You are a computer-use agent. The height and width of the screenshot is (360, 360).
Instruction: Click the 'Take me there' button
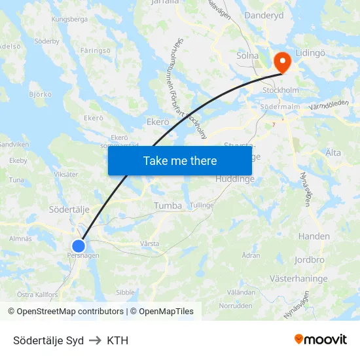pyautogui.click(x=180, y=160)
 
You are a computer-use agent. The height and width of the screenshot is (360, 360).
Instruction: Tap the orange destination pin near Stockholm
pyautogui.click(x=283, y=63)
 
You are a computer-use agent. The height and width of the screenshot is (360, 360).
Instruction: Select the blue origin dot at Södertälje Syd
pyautogui.click(x=78, y=246)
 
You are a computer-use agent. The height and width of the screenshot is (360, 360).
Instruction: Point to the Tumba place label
pyautogui.click(x=168, y=206)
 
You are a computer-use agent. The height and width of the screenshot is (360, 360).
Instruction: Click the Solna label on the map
pyautogui.click(x=247, y=56)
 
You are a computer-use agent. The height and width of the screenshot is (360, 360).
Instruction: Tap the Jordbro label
pyautogui.click(x=310, y=259)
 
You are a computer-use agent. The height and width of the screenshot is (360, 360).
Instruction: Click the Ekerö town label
pyautogui.click(x=158, y=122)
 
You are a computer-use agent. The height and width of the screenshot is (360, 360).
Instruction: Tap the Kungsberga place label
pyautogui.click(x=69, y=20)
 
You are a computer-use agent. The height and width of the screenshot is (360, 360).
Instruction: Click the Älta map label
pyautogui.click(x=333, y=153)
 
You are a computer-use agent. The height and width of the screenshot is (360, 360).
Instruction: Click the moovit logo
pyautogui.click(x=320, y=339)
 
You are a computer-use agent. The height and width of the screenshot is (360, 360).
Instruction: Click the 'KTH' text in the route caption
pyautogui.click(x=118, y=340)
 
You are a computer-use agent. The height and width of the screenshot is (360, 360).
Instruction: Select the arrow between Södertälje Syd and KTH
pyautogui.click(x=96, y=340)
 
